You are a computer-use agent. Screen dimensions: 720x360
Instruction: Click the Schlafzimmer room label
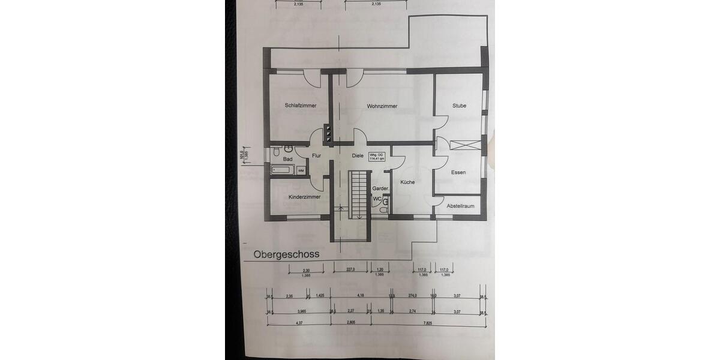[301, 106]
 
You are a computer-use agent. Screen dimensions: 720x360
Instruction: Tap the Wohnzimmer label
[382, 106]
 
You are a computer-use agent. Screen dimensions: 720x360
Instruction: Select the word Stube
[460, 106]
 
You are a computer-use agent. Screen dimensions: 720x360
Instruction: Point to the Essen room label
[458, 173]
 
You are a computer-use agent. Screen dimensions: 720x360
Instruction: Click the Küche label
[407, 182]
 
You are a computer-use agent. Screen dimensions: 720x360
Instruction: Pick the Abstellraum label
[460, 206]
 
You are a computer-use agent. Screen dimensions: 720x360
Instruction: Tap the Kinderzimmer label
[304, 197]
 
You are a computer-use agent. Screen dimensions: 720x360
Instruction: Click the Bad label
[288, 159]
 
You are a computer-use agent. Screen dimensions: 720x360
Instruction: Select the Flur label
[317, 156]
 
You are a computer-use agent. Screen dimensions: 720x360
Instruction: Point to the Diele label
[358, 156]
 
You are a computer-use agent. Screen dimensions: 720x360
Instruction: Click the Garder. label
[381, 188]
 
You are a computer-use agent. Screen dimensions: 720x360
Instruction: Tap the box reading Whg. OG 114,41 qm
[377, 157]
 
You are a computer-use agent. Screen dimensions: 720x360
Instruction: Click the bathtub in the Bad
[283, 170]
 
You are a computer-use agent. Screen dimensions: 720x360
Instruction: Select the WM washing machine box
[301, 171]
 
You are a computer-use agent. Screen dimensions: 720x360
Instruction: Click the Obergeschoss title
[286, 254]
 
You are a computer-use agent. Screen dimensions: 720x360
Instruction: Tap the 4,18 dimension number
[359, 296]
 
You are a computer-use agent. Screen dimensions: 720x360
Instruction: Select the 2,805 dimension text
[351, 324]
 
